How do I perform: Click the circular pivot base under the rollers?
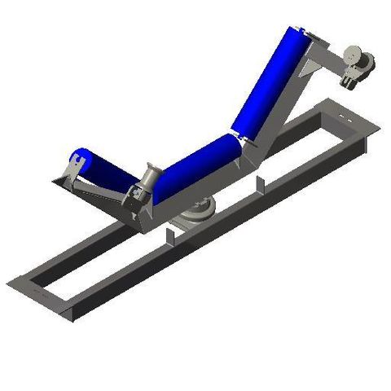(x=196, y=213)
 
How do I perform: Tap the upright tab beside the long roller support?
(x=260, y=185)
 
